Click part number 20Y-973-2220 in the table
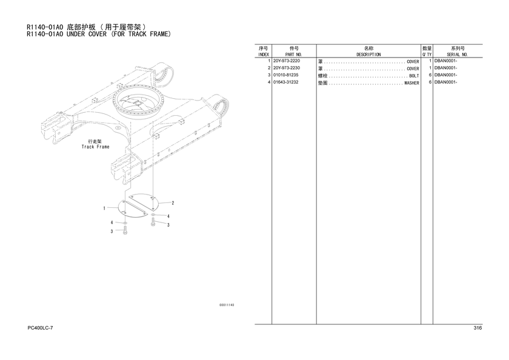(x=287, y=61)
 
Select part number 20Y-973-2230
(x=287, y=68)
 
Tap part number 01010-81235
(x=285, y=75)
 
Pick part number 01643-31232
(x=285, y=82)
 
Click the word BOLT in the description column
(x=414, y=76)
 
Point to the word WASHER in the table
(x=411, y=83)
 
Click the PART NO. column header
(x=294, y=55)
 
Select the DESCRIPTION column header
(x=368, y=55)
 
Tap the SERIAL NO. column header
(x=457, y=55)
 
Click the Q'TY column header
(x=427, y=55)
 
